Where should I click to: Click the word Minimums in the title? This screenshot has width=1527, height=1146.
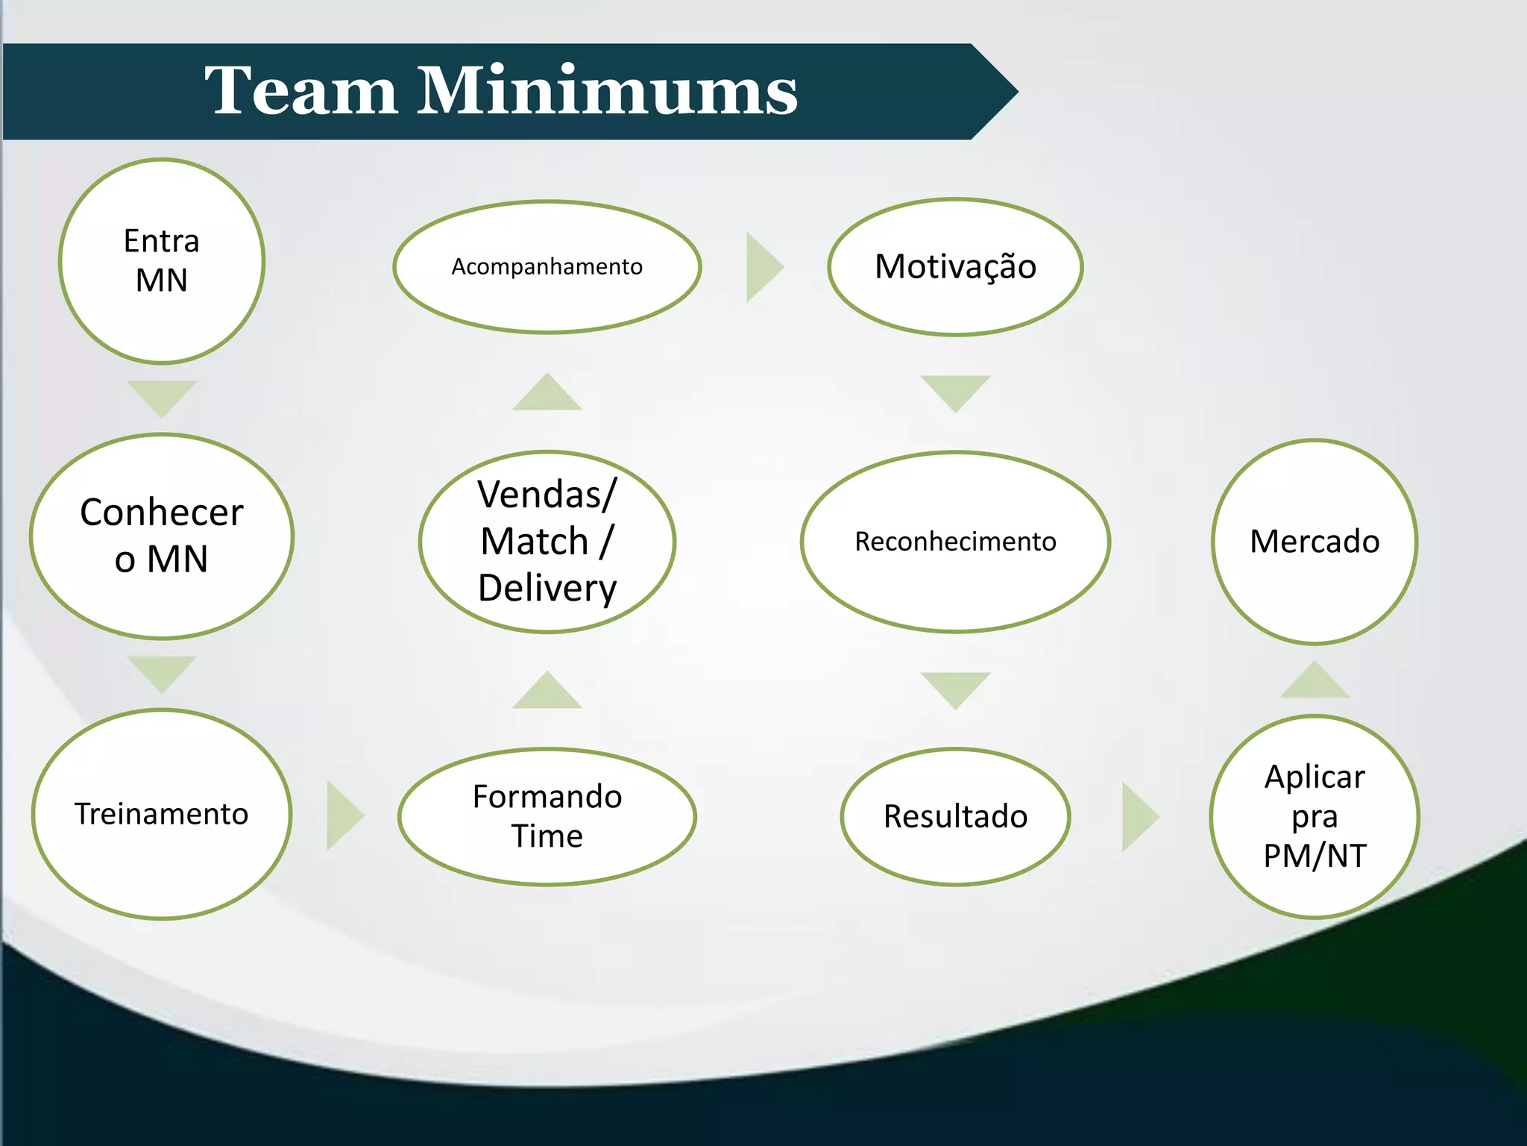coord(607,91)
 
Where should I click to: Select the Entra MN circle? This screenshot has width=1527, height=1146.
coord(162,261)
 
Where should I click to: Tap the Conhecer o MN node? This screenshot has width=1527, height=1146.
coord(162,536)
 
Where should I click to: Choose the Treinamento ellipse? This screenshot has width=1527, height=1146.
coord(162,813)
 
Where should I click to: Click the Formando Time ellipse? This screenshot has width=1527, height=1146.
coord(547,816)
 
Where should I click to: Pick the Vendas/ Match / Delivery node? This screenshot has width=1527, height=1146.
coord(547,542)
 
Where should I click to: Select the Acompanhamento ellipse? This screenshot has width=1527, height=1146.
coord(547,266)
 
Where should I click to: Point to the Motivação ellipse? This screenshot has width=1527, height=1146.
coord(955,266)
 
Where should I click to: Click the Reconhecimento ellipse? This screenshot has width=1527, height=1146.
coord(955,542)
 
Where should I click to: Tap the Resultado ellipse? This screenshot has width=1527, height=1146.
coord(955,816)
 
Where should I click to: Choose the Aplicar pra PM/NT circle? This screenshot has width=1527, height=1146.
coord(1315,816)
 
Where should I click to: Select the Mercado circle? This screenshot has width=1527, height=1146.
coord(1315,542)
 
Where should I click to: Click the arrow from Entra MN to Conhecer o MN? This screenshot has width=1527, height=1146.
coord(162,396)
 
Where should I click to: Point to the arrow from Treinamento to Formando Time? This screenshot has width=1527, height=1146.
coord(342,815)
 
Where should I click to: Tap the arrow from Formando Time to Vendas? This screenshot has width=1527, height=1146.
coord(547,692)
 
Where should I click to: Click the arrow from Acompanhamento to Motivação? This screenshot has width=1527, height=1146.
coord(762,266)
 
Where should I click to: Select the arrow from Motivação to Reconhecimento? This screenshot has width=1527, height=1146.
coord(955,392)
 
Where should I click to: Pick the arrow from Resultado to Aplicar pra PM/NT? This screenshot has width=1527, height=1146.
coord(1138,816)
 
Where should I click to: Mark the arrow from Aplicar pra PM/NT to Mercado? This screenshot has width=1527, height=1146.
coord(1315,681)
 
